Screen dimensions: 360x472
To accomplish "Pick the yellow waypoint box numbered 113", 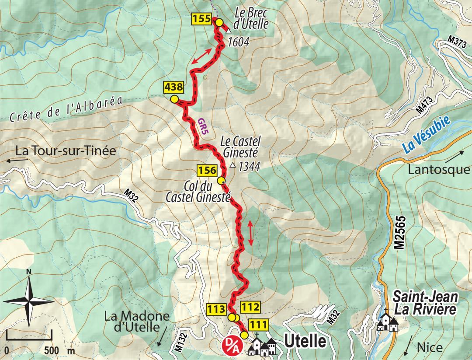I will click(216, 308).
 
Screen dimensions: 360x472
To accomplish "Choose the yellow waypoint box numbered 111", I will click(258, 325).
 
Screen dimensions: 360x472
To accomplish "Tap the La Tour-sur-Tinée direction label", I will click(66, 151).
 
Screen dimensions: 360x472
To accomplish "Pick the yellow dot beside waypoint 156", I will click(221, 181).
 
